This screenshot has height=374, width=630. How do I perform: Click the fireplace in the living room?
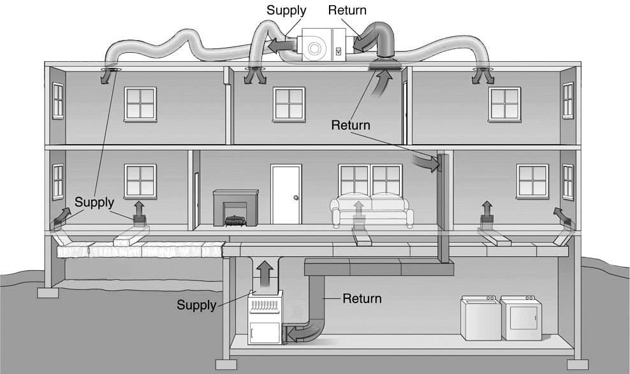[x=236, y=208]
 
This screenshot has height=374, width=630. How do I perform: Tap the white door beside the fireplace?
[x=286, y=194]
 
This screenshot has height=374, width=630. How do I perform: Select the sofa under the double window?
[x=372, y=211]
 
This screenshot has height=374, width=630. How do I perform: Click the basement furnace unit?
[x=265, y=317]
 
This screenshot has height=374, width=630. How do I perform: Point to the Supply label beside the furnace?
[x=196, y=305]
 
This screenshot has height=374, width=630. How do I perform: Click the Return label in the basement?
[x=362, y=299]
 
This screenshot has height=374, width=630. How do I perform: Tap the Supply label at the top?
[x=286, y=10]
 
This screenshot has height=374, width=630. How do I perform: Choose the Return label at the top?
[x=347, y=10]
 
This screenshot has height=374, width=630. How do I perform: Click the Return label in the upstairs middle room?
[x=350, y=126]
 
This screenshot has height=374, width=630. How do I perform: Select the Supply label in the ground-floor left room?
[x=94, y=202]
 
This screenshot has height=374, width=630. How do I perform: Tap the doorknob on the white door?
[x=296, y=198]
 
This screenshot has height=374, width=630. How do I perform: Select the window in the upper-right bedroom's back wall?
[x=504, y=104]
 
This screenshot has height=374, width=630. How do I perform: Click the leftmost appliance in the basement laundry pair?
[x=481, y=318]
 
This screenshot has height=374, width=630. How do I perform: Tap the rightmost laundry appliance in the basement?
[x=521, y=318]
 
